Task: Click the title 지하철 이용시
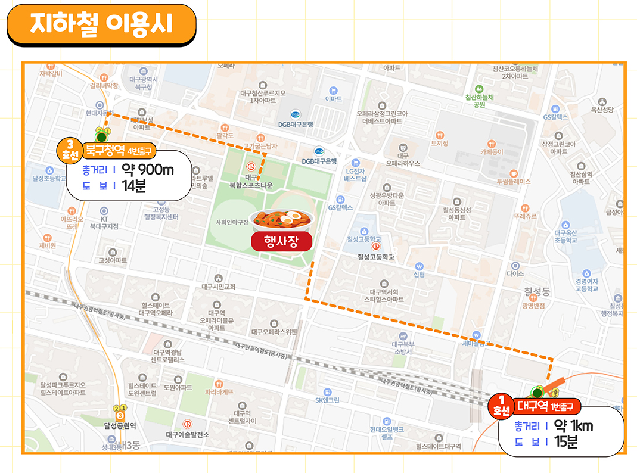pyautogui.click(x=101, y=24)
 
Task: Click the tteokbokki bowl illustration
pyautogui.click(x=282, y=219)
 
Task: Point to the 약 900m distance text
pyautogui.click(x=147, y=170)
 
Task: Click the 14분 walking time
pyautogui.click(x=133, y=186)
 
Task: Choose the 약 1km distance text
pyautogui.click(x=573, y=426)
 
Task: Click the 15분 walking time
pyautogui.click(x=566, y=441)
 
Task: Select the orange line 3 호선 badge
pyautogui.click(x=70, y=151)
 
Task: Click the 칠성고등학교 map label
pyautogui.click(x=376, y=258)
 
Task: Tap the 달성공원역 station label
pyautogui.click(x=120, y=425)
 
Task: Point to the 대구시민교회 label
pyautogui.click(x=219, y=287)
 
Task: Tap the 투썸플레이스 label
pyautogui.click(x=513, y=181)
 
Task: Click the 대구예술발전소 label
pyautogui.click(x=188, y=434)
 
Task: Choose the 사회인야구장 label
pyautogui.click(x=232, y=222)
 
